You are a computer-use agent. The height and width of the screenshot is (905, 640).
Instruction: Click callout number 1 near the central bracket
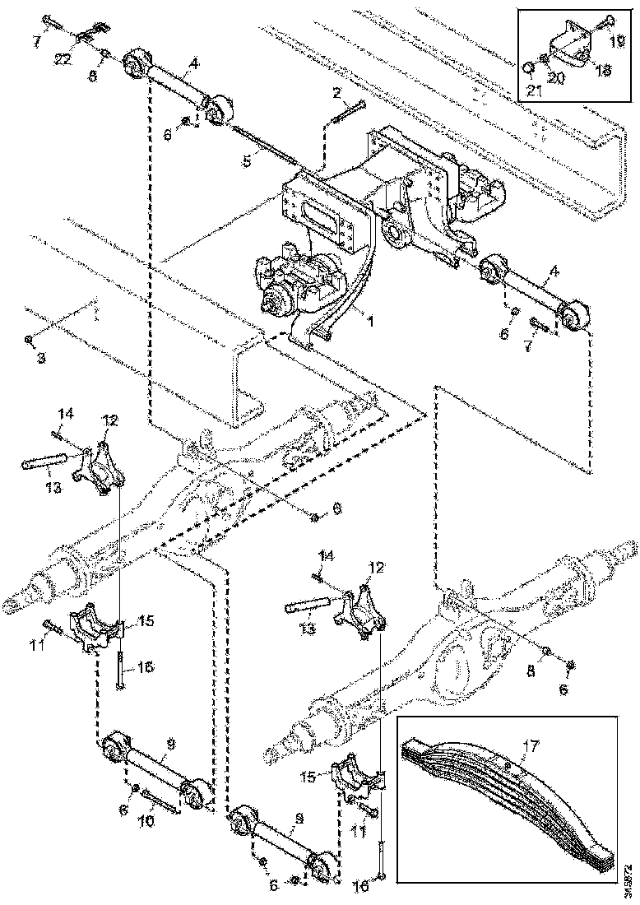[x=369, y=322]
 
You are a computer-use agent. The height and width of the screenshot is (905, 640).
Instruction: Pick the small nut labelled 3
[x=29, y=338]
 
